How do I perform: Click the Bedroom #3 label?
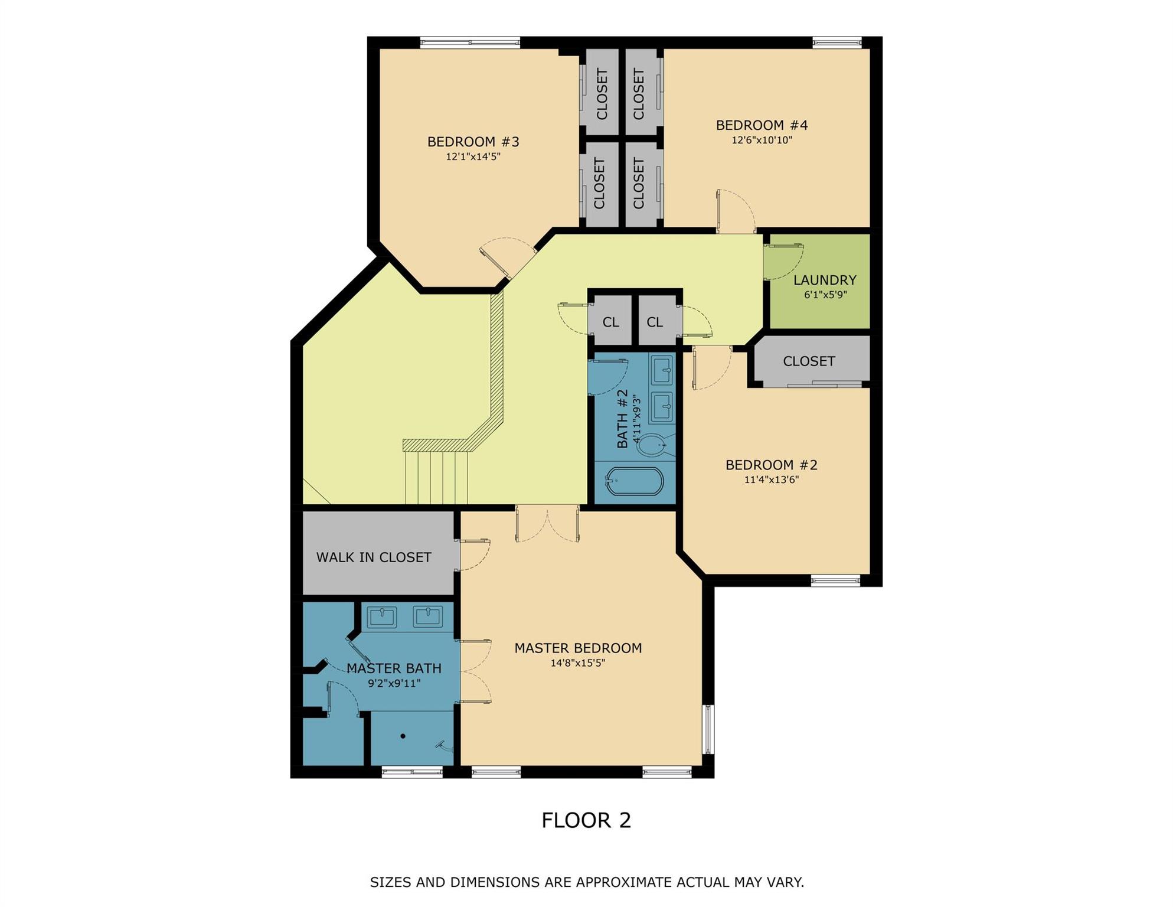tap(473, 142)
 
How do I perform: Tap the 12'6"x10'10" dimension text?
tap(762, 141)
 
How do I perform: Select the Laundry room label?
tap(825, 280)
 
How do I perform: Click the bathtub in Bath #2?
tap(634, 481)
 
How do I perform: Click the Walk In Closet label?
tap(374, 557)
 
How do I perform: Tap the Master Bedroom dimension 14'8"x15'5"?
tap(577, 663)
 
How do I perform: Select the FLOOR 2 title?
tap(586, 820)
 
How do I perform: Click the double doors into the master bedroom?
tap(547, 524)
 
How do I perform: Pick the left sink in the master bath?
tap(381, 617)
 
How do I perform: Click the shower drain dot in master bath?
tap(403, 736)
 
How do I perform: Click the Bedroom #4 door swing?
tap(736, 211)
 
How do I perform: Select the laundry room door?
tap(783, 261)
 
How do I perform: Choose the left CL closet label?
tap(610, 322)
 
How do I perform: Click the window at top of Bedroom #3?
tap(470, 42)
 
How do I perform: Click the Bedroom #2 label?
tap(771, 465)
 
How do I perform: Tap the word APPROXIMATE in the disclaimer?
tap(625, 883)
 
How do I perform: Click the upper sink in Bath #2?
tap(662, 370)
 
